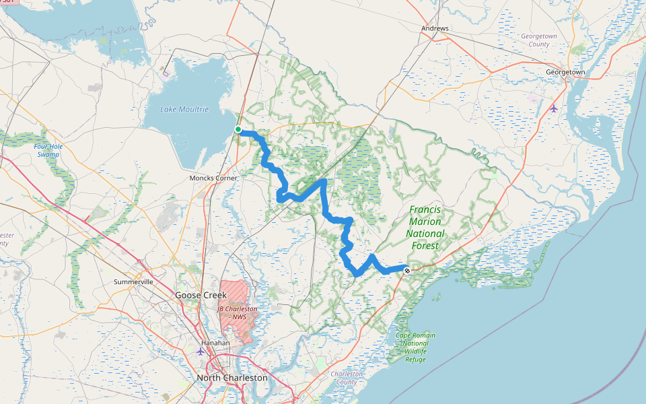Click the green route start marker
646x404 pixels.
pyautogui.click(x=238, y=129)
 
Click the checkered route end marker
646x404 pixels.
pyautogui.click(x=406, y=270)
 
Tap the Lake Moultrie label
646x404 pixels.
pyautogui.click(x=184, y=109)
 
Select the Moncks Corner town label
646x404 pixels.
pyautogui.click(x=213, y=178)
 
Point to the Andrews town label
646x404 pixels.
pyautogui.click(x=435, y=29)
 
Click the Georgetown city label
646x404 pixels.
pyautogui.click(x=565, y=71)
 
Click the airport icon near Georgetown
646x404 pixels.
pyautogui.click(x=554, y=108)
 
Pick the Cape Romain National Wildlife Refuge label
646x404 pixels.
pyautogui.click(x=415, y=347)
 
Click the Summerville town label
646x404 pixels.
pyautogui.click(x=134, y=281)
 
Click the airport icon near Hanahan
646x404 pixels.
pyautogui.click(x=200, y=351)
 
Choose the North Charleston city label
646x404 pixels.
pyautogui.click(x=231, y=378)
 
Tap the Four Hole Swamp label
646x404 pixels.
pyautogui.click(x=47, y=150)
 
